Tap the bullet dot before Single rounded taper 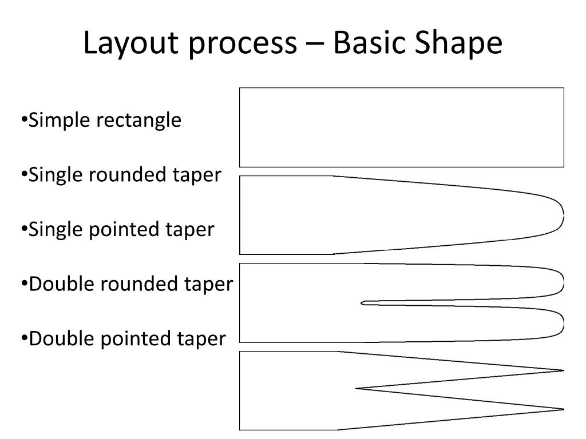tap(25, 174)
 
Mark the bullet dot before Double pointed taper tap(25, 338)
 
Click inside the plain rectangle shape tap(401, 127)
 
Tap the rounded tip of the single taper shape tap(561, 215)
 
